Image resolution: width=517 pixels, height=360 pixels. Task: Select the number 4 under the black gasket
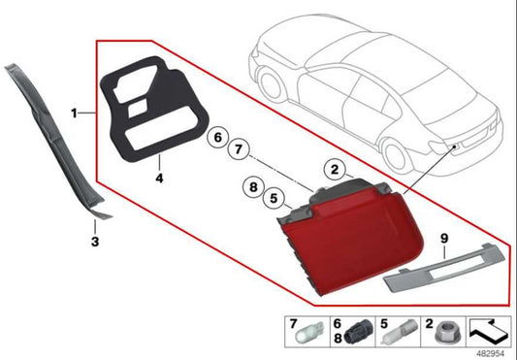click(158, 179)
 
